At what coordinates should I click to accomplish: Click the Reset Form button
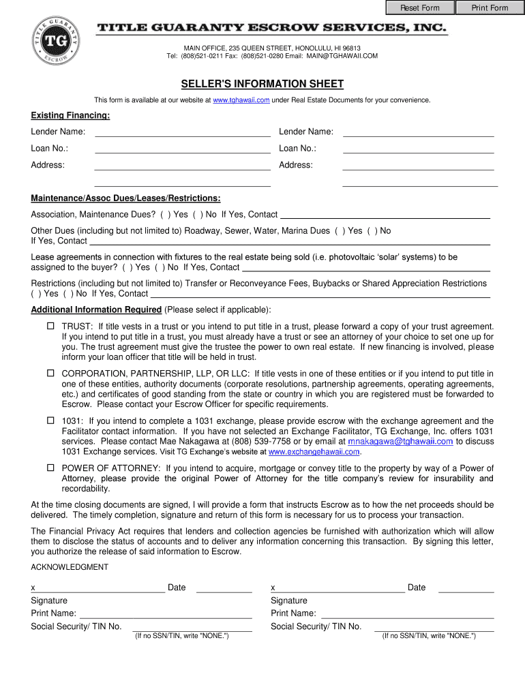[x=419, y=8]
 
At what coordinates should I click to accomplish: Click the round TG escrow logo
[x=56, y=40]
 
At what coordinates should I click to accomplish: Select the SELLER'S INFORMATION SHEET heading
[x=262, y=84]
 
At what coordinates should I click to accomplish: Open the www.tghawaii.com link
[x=241, y=100]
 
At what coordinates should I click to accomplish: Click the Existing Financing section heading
[x=70, y=115]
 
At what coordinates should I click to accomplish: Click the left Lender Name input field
[x=182, y=132]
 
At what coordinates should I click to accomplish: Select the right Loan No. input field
[x=418, y=149]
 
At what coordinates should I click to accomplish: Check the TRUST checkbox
[x=50, y=327]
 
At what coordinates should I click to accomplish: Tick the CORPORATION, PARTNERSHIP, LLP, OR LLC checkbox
[x=50, y=374]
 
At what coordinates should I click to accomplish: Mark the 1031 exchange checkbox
[x=50, y=421]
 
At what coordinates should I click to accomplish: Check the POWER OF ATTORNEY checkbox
[x=50, y=468]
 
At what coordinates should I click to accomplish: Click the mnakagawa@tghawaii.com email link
[x=400, y=442]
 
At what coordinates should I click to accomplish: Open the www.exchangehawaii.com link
[x=314, y=452]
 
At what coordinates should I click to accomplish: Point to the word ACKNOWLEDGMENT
[x=70, y=567]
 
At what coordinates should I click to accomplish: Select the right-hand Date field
[x=466, y=588]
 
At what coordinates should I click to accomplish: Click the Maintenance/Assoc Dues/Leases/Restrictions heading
[x=125, y=198]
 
